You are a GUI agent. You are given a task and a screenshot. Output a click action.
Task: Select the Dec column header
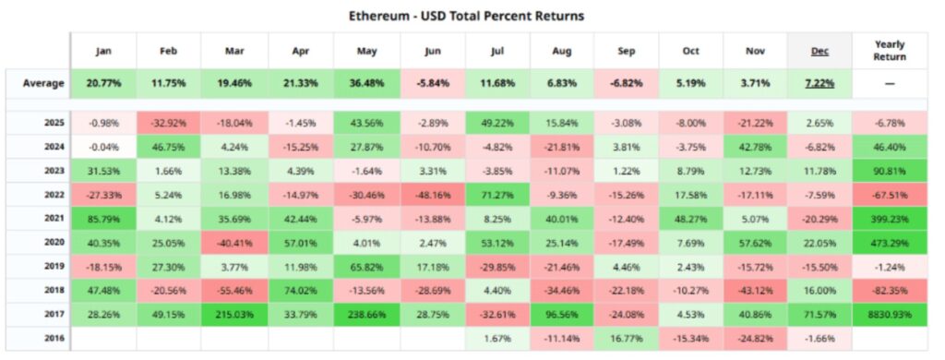819,51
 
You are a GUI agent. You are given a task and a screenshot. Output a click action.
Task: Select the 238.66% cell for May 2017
366,314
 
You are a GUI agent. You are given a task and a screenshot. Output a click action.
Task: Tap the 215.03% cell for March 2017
234,314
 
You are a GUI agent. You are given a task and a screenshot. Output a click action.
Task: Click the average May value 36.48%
366,83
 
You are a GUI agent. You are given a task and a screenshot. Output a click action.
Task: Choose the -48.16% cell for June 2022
432,194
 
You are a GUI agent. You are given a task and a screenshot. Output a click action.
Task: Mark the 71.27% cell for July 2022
497,194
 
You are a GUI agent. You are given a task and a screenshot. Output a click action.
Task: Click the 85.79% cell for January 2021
103,218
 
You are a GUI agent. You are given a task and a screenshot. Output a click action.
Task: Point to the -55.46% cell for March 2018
234,290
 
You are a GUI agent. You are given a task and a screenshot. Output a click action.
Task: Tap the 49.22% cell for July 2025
497,123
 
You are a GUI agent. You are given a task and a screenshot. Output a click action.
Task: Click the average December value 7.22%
819,83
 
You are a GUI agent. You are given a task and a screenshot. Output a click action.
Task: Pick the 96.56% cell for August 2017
563,314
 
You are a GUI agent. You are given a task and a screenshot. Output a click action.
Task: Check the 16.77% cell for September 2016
628,338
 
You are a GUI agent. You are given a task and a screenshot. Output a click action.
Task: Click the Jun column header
432,51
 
